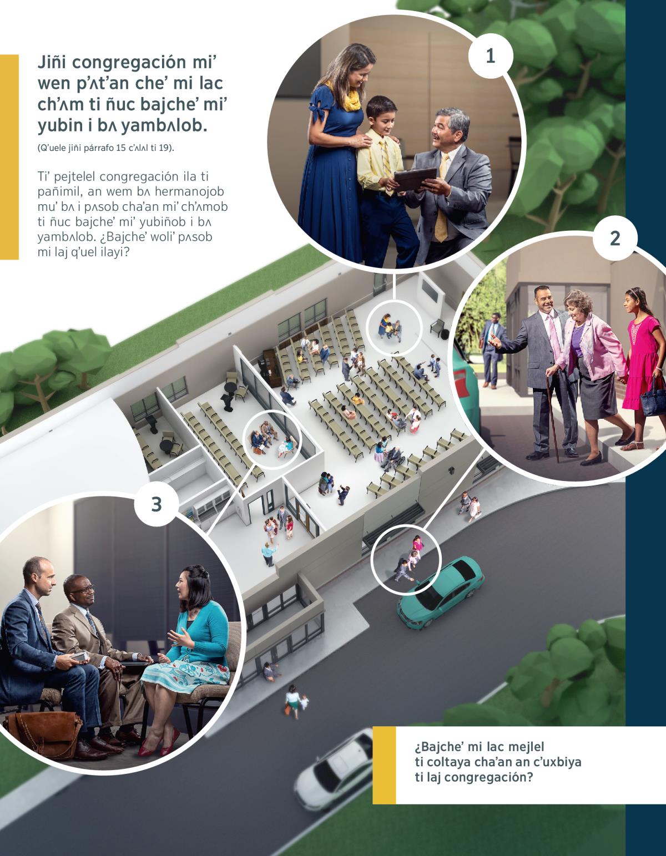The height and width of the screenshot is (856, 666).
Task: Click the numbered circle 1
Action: pos(491,57)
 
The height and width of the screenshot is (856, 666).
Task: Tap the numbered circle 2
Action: pos(615,239)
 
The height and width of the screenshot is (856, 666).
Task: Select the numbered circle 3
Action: pos(157,504)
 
